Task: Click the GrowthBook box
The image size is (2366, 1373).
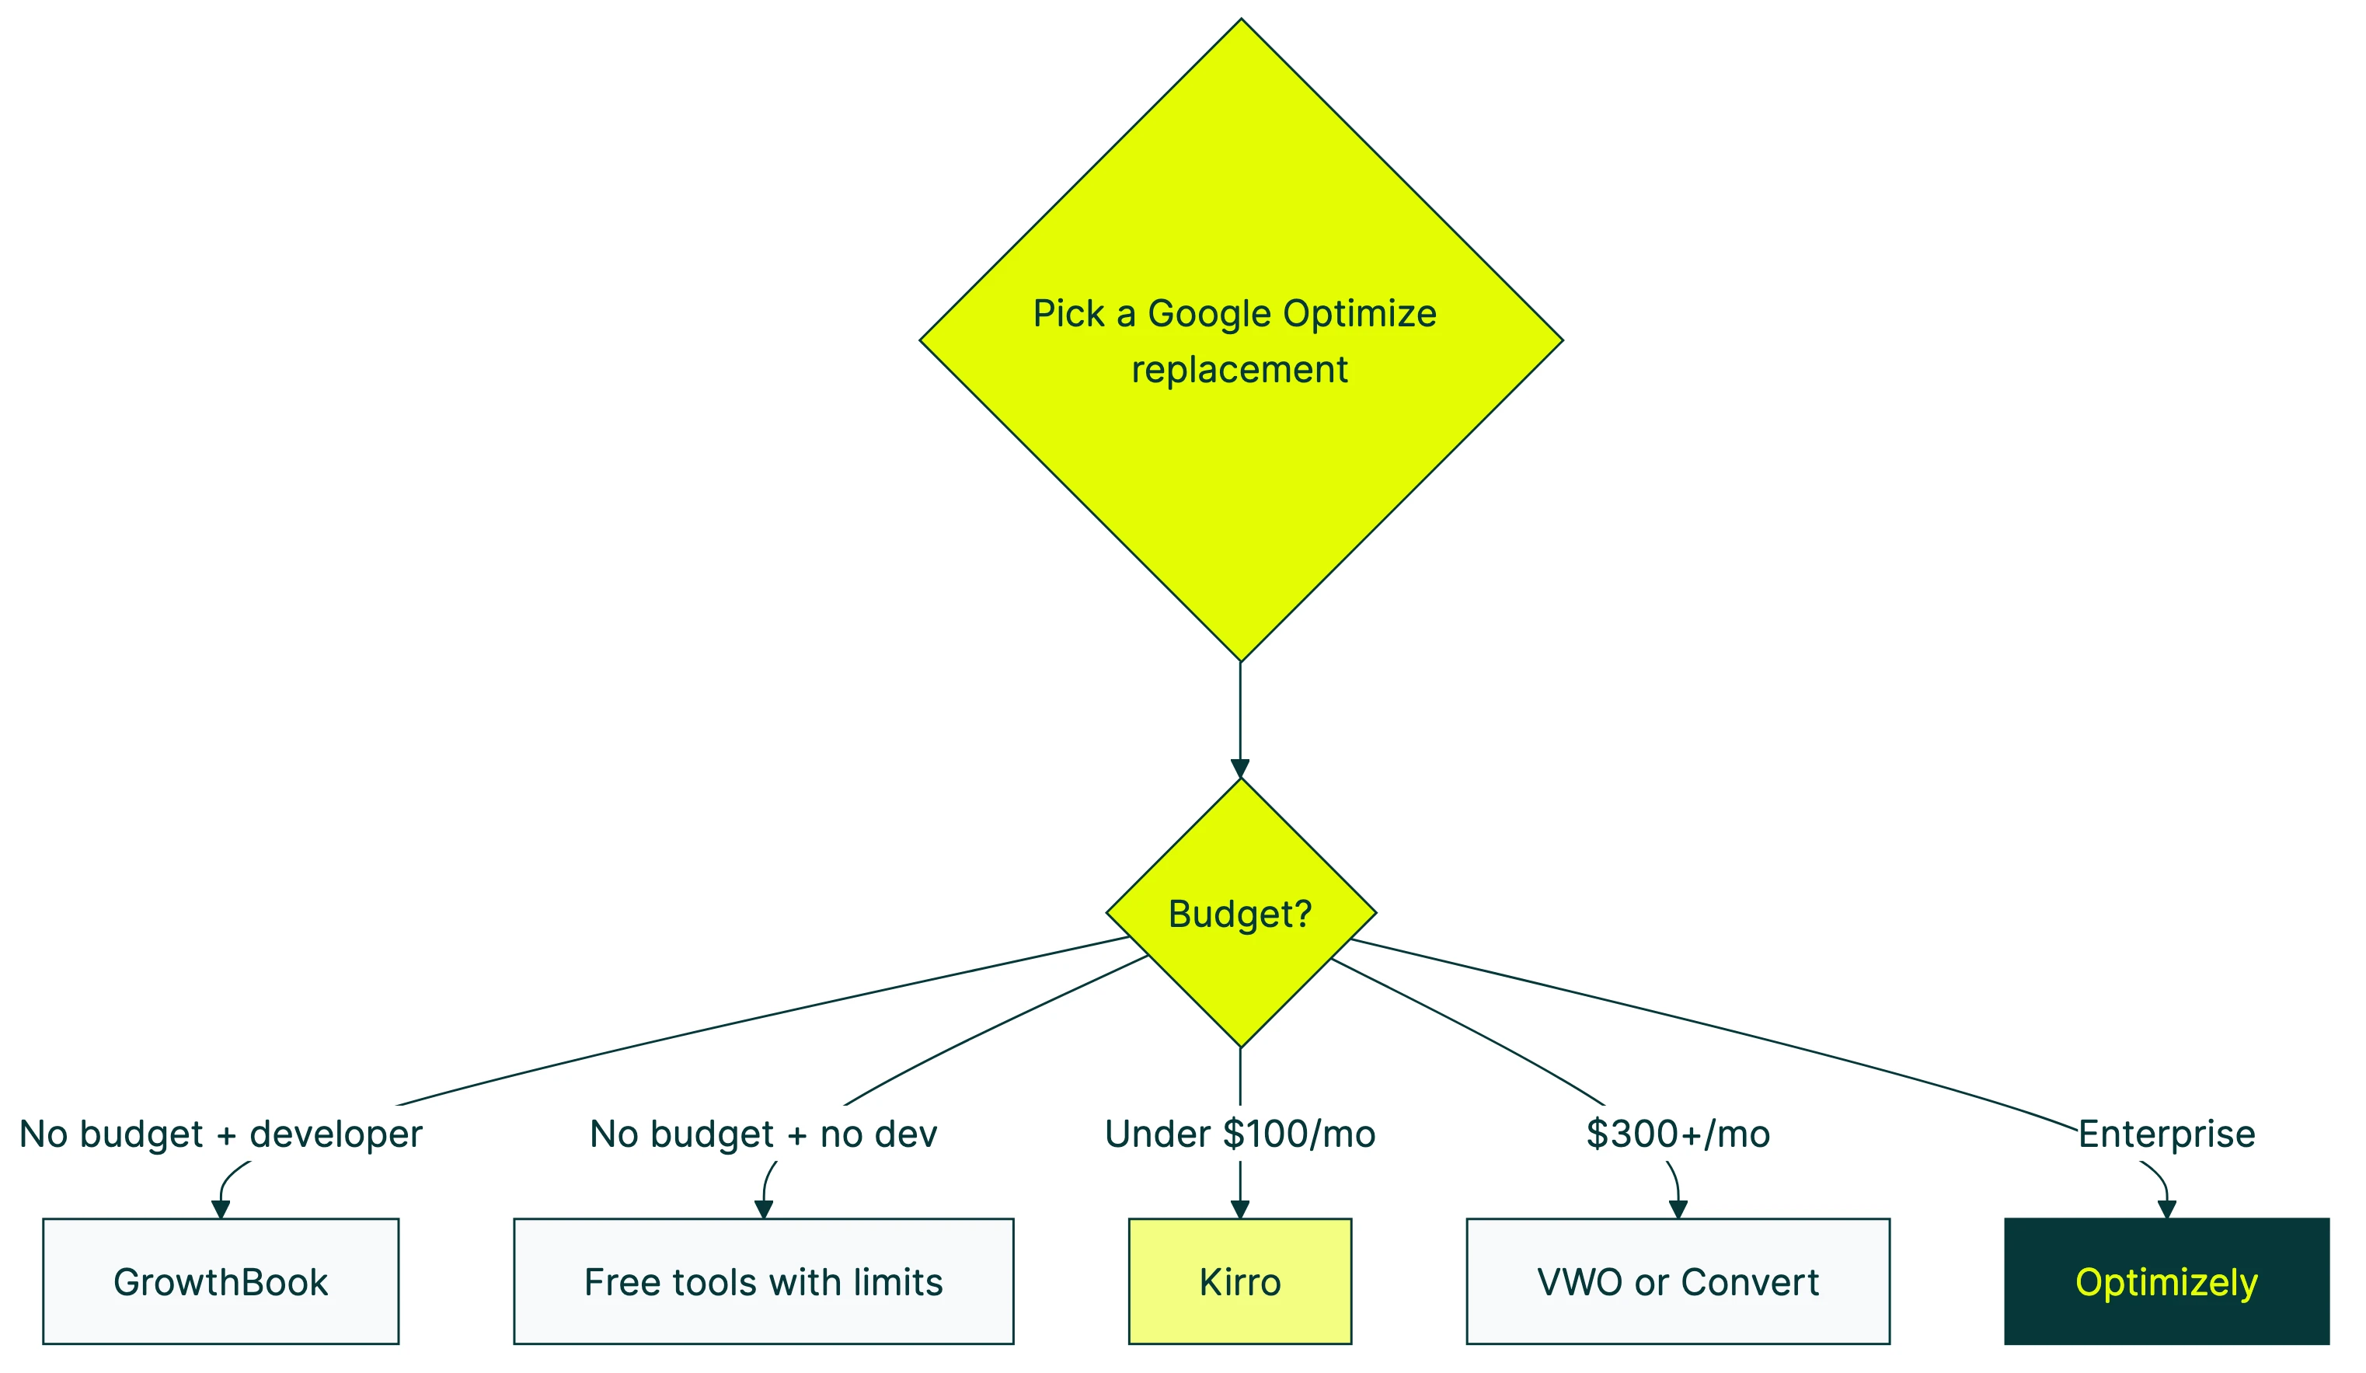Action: pos(221,1281)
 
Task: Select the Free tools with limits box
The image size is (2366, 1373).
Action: pos(763,1281)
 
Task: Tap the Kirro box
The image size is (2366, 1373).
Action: pos(1239,1281)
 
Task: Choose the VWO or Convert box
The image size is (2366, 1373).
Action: pos(1678,1281)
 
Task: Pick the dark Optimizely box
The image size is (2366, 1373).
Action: pos(2166,1281)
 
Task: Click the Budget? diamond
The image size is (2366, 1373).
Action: pos(1240,913)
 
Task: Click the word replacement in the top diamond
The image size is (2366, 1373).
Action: pos(1239,370)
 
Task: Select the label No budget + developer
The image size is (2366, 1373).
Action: pos(221,1134)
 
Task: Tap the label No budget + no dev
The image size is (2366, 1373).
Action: pos(763,1134)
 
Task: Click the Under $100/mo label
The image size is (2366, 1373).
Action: pos(1239,1134)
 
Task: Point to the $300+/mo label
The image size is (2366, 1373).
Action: pos(1678,1134)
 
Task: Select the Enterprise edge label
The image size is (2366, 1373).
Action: pos(2166,1134)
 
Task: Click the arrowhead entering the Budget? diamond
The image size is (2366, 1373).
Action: pos(1240,768)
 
